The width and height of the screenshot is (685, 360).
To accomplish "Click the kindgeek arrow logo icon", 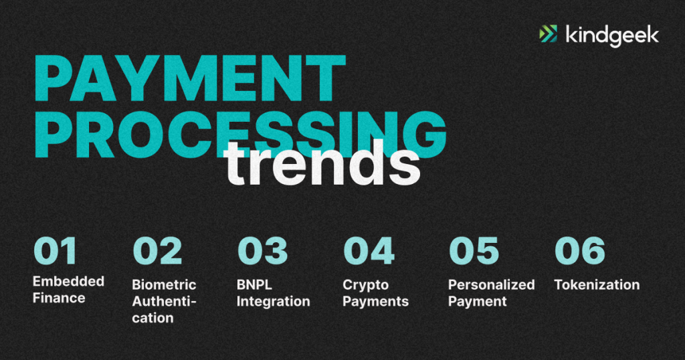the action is (549, 34).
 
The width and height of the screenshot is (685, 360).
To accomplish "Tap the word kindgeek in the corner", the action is (612, 35).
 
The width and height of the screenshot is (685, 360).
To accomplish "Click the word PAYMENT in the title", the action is (189, 79).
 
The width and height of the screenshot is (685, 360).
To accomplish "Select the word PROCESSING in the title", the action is (240, 134).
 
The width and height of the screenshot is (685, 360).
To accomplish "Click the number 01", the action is (55, 251).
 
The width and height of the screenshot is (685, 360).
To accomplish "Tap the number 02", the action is (157, 251).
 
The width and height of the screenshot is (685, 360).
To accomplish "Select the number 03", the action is (262, 251).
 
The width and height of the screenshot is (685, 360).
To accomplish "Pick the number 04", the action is (369, 251).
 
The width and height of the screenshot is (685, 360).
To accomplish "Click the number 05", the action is (474, 251).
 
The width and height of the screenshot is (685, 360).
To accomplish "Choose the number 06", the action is (580, 251).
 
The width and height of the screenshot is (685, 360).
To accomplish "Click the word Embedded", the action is (69, 281).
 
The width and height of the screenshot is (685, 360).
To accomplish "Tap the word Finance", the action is (59, 298).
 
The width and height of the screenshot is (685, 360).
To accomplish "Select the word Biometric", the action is (165, 285).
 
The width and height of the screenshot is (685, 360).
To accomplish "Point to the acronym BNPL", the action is (254, 285).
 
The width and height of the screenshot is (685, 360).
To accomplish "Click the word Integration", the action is (274, 302).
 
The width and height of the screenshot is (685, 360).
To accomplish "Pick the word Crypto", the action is (366, 285).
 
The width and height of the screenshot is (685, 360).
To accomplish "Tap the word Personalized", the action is (492, 285).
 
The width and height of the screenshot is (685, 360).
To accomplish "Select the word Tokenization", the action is (597, 285).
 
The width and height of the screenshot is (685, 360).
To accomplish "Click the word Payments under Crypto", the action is (376, 302).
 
